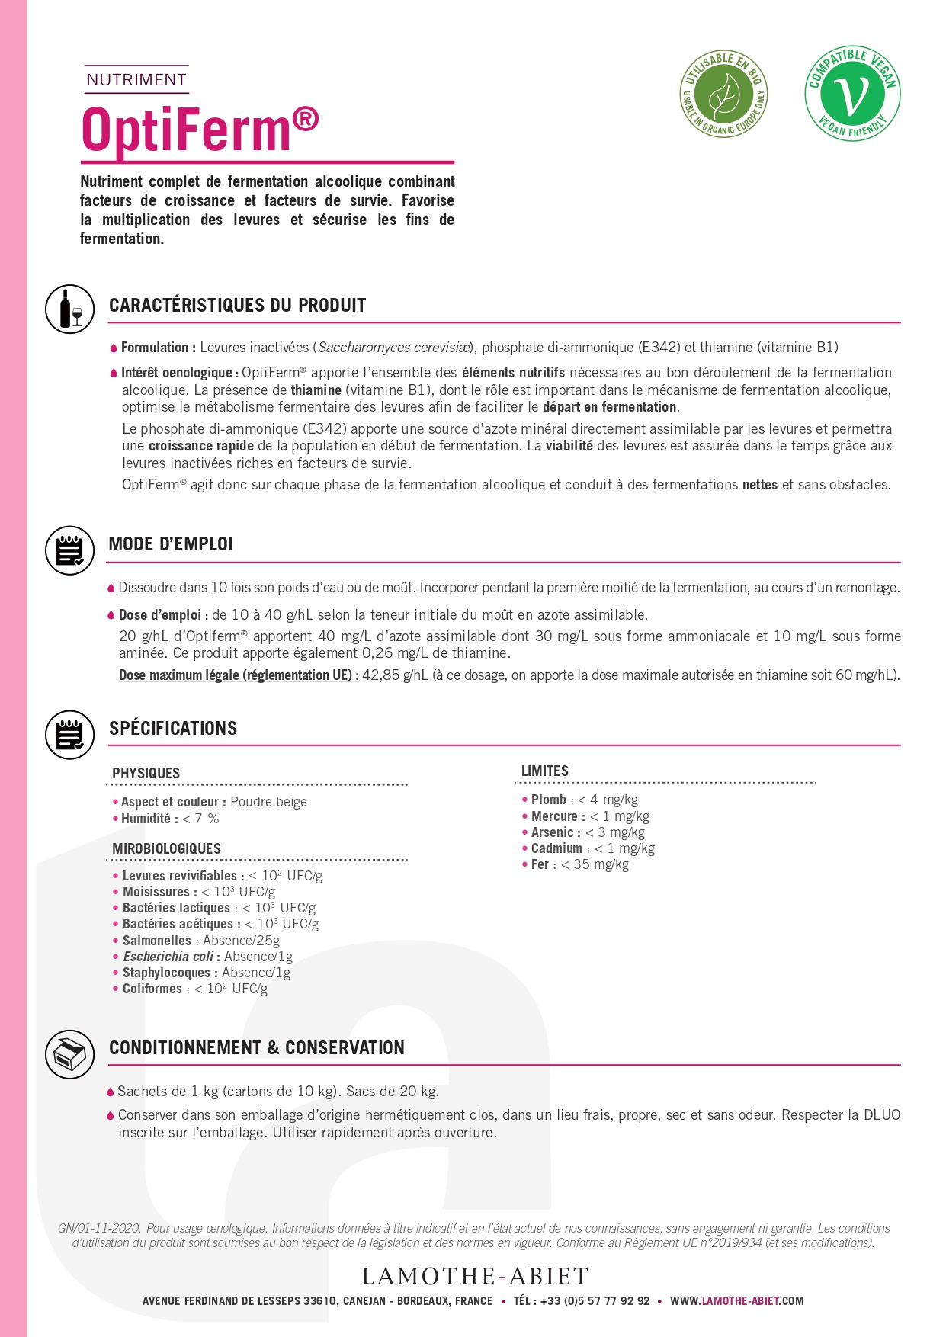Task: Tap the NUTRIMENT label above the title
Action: (136, 80)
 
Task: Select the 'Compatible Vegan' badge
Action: (852, 93)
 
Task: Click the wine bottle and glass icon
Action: (70, 309)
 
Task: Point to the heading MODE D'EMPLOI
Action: (171, 544)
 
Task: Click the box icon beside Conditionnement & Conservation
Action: (69, 1054)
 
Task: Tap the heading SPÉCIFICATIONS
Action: (173, 728)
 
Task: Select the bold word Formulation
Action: (155, 348)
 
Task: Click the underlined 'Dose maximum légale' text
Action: (238, 675)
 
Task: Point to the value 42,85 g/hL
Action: (395, 675)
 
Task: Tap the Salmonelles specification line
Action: (200, 941)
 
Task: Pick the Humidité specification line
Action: (169, 819)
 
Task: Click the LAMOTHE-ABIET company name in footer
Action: (475, 1276)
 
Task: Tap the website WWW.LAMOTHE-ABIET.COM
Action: (736, 1301)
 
